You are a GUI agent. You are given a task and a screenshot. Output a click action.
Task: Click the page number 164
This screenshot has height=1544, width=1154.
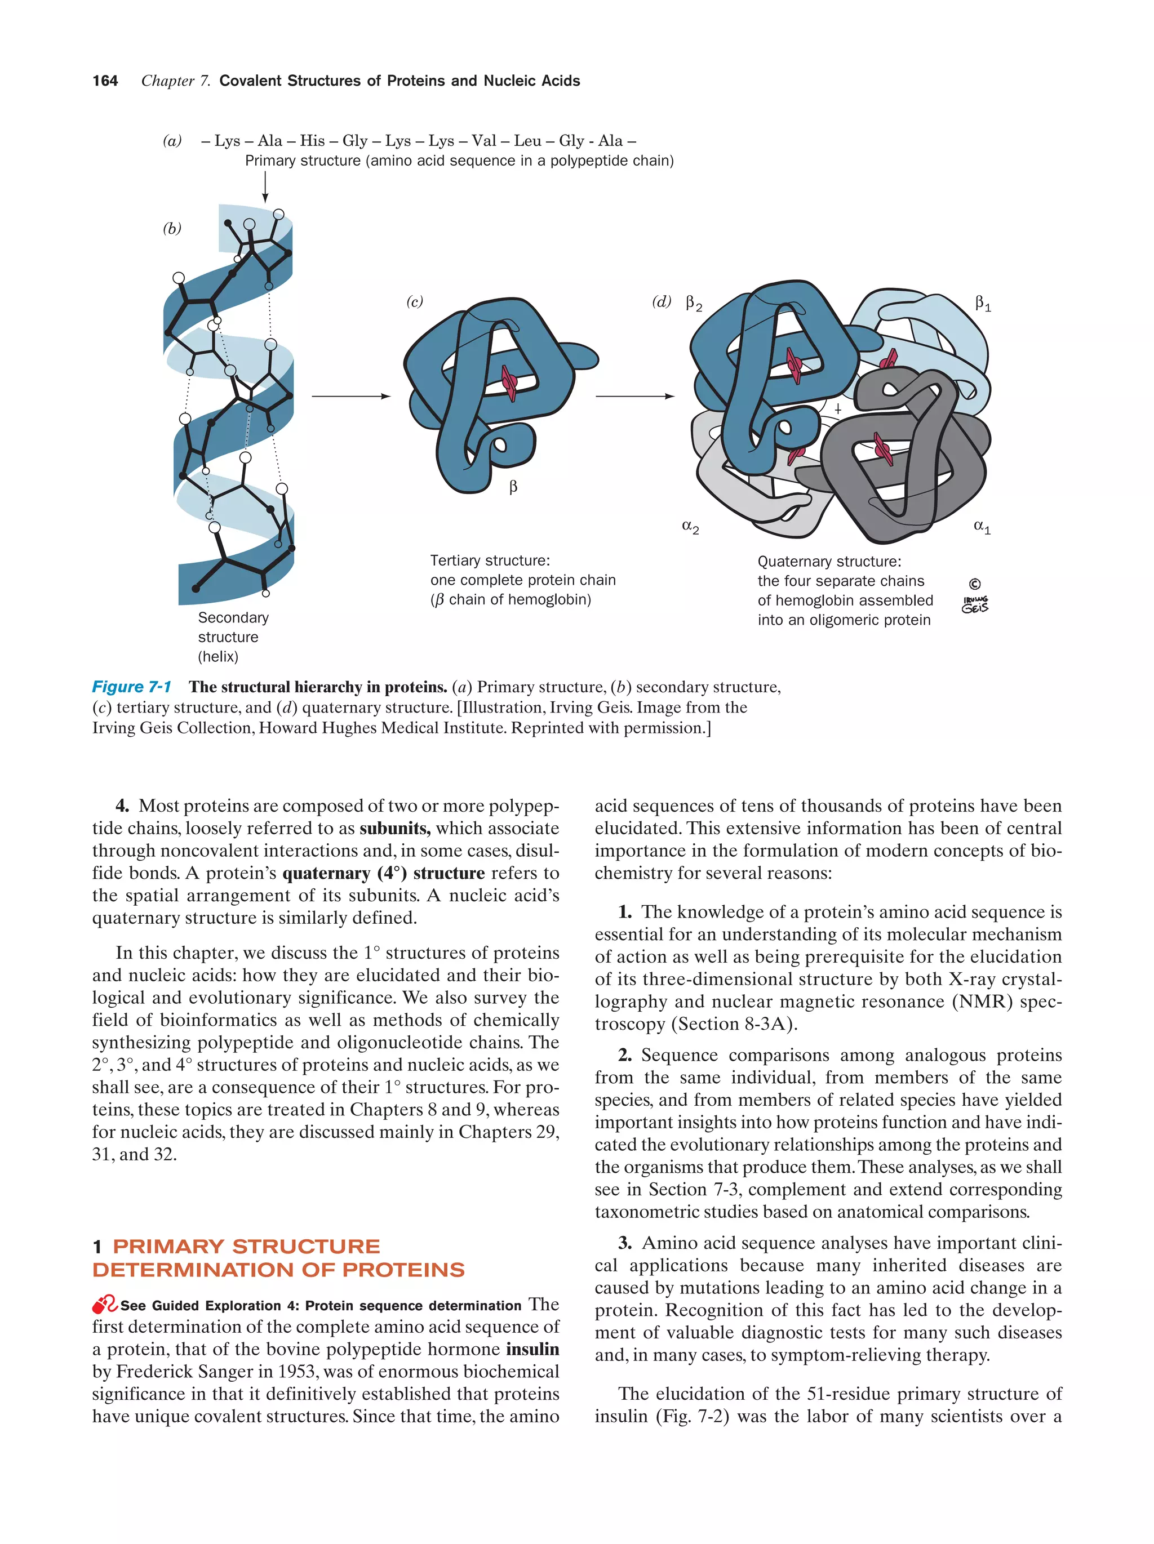pyautogui.click(x=105, y=81)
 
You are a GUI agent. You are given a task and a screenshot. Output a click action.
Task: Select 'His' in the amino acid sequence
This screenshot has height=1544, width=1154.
pyautogui.click(x=312, y=140)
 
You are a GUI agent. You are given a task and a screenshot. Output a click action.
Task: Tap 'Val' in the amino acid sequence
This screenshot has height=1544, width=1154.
pyautogui.click(x=483, y=140)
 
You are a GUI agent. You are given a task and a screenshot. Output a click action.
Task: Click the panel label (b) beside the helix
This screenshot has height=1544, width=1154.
pyautogui.click(x=172, y=228)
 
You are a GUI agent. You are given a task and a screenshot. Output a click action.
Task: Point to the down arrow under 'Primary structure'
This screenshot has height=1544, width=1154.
pyautogui.click(x=265, y=187)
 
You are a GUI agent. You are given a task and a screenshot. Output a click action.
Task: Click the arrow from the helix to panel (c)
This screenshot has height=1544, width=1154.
pyautogui.click(x=350, y=396)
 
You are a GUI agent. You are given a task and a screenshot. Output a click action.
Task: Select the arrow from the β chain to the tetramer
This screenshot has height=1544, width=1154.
pyautogui.click(x=634, y=396)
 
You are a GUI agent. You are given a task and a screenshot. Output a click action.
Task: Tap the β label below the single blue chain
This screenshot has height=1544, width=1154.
pyautogui.click(x=513, y=487)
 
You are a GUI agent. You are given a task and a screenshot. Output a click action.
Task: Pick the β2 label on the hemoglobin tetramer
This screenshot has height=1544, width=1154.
pyautogui.click(x=693, y=303)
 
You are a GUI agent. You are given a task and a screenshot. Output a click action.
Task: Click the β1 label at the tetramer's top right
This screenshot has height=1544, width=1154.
pyautogui.click(x=982, y=303)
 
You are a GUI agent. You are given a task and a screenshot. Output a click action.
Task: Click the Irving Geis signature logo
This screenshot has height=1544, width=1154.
pyautogui.click(x=975, y=604)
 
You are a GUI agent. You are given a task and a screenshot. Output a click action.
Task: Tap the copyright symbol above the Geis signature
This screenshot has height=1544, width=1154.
pyautogui.click(x=975, y=584)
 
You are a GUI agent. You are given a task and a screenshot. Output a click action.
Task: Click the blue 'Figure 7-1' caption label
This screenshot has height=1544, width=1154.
pyautogui.click(x=132, y=687)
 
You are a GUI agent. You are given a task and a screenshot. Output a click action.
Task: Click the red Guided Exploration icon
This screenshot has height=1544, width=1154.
pyautogui.click(x=105, y=1304)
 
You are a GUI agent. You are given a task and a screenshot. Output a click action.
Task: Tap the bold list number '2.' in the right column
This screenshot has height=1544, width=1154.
pyautogui.click(x=625, y=1054)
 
